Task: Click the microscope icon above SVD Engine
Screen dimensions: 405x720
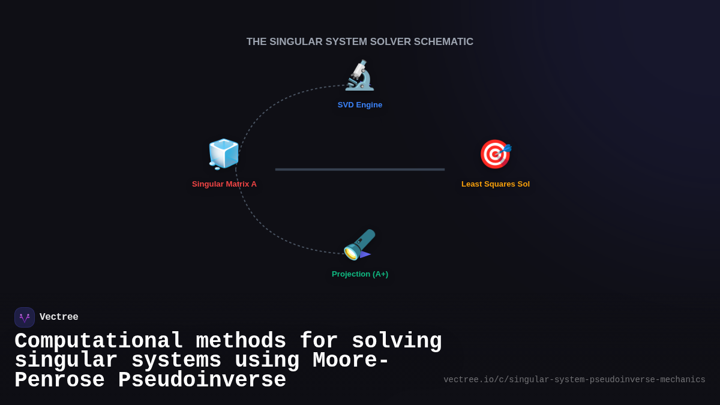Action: (x=359, y=76)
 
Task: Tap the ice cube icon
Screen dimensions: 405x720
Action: (x=224, y=154)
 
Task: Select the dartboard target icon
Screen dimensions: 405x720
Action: (x=495, y=154)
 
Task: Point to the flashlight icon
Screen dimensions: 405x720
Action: (x=359, y=244)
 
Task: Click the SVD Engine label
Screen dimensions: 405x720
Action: (x=360, y=105)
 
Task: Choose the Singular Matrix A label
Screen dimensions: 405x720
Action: (x=224, y=184)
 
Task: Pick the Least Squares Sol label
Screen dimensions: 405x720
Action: (x=496, y=184)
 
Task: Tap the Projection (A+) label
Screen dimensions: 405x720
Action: (x=360, y=274)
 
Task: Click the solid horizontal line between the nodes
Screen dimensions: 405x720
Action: (x=360, y=169)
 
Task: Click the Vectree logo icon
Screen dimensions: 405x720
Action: (x=25, y=317)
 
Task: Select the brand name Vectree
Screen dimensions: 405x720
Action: (x=59, y=317)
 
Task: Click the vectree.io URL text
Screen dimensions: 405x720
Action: (x=574, y=380)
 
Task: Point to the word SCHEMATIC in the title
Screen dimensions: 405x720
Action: (x=443, y=42)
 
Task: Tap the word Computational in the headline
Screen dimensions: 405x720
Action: (x=99, y=341)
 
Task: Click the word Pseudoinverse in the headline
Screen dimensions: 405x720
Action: (x=202, y=380)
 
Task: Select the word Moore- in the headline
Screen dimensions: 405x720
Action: (x=351, y=361)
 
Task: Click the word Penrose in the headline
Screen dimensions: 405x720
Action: (x=59, y=380)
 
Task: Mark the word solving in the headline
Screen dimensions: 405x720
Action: (x=397, y=341)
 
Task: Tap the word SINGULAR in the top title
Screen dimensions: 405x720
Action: (x=293, y=42)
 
